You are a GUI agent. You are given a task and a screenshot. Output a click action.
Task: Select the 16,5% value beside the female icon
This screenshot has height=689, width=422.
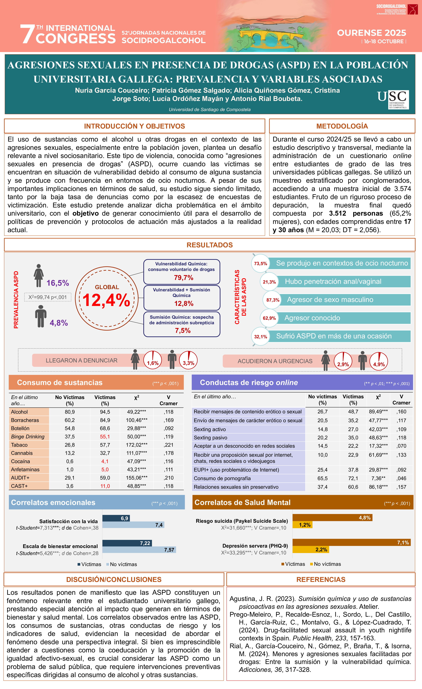[58, 283]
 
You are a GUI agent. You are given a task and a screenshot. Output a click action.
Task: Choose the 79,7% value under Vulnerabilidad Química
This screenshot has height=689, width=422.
[184, 278]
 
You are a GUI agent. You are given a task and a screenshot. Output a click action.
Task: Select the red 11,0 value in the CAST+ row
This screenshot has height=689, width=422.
[105, 486]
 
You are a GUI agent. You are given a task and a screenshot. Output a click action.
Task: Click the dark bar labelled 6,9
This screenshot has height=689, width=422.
[116, 518]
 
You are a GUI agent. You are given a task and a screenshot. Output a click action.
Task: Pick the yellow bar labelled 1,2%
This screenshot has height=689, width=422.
[302, 525]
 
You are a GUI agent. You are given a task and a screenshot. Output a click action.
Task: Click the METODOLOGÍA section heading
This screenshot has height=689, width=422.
[342, 126]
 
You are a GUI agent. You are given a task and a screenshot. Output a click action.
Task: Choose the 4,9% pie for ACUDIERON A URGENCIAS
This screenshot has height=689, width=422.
[379, 361]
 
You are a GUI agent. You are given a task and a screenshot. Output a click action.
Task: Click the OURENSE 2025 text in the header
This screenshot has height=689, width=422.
[371, 33]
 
